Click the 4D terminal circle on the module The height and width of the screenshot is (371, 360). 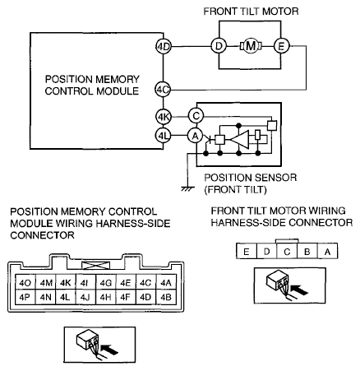(164, 47)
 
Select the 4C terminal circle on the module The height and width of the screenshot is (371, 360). (163, 90)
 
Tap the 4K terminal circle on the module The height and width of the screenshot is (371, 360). (164, 117)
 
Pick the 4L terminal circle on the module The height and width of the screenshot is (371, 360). (164, 136)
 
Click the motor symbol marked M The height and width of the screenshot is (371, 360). (251, 46)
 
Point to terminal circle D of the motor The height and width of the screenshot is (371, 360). (219, 46)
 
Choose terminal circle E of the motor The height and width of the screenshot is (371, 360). (281, 46)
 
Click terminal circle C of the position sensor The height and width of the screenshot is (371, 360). (196, 116)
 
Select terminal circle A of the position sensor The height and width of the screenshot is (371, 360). (195, 136)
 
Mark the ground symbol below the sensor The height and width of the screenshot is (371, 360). (187, 188)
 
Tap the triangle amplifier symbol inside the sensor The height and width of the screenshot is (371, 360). (240, 140)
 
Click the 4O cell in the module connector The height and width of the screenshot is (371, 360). (25, 283)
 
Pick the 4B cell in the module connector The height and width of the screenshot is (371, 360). (166, 297)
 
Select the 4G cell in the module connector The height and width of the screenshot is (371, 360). (106, 283)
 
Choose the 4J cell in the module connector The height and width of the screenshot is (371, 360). (85, 297)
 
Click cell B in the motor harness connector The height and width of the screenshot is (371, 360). (307, 251)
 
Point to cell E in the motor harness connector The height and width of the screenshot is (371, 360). (247, 251)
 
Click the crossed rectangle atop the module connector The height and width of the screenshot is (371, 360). (95, 266)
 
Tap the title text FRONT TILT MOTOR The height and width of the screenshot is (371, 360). (251, 12)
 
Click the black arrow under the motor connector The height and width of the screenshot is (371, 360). (299, 290)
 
